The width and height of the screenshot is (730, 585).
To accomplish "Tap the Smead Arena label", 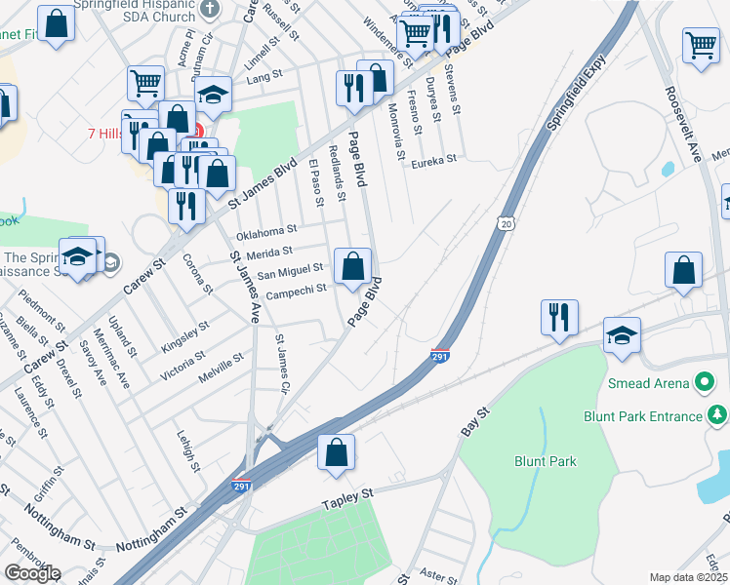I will (x=649, y=381).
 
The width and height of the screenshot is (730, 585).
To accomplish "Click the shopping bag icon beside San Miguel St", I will (x=352, y=266).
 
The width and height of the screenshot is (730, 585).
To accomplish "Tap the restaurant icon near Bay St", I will (x=559, y=319).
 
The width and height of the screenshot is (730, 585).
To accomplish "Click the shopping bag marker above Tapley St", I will (x=336, y=453).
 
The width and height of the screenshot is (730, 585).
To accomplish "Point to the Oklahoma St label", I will (x=266, y=231).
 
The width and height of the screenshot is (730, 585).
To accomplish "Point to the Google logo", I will (x=32, y=573).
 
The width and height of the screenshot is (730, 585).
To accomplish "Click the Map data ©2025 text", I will (x=688, y=577).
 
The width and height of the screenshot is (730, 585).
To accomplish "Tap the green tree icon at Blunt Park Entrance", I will (x=718, y=416).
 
